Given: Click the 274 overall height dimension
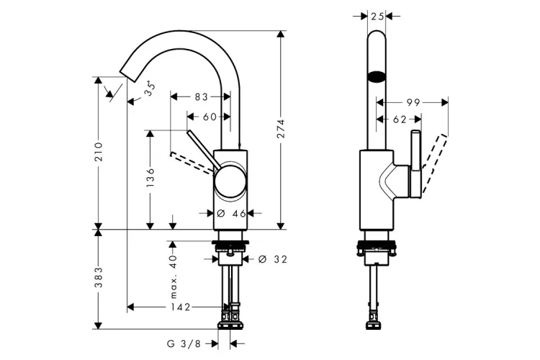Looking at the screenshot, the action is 282,128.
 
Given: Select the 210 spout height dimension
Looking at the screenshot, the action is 99,152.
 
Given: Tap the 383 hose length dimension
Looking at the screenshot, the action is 99,277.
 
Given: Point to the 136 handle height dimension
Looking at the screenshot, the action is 150,177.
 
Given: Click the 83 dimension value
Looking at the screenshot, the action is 201,97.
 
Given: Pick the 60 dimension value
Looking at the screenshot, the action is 210,117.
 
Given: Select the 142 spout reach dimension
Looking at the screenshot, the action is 181,307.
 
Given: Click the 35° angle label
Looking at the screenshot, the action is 150,89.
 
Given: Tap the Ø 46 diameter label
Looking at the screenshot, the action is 232,214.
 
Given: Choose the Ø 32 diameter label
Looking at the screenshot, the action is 272,259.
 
